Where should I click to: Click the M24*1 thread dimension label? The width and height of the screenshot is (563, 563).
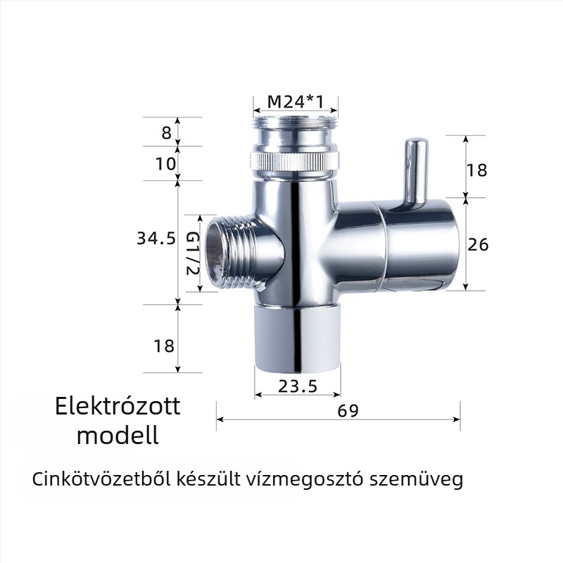point(296,103)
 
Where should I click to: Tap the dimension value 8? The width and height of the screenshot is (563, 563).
point(166,132)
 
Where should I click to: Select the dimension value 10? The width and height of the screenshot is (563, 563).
point(165,164)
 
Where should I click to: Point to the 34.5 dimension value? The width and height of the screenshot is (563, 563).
point(156,239)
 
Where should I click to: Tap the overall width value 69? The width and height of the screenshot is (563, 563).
point(348,411)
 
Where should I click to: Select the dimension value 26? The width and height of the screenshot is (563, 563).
point(479,244)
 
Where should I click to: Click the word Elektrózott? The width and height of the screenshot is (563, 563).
point(118,406)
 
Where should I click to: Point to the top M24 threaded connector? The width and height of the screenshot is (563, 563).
point(296,130)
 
